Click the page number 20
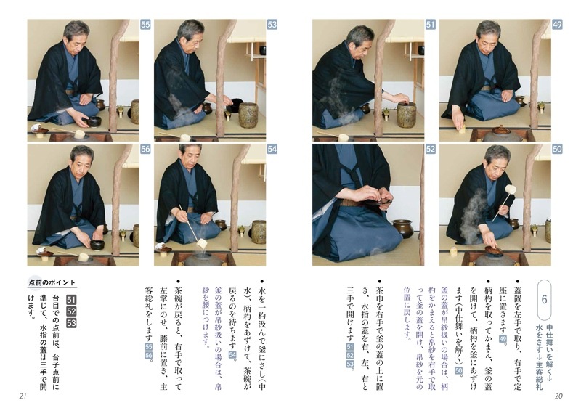(558, 396)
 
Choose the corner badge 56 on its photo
(145, 150)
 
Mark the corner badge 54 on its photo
(272, 150)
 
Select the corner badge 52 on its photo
(430, 150)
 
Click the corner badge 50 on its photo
(557, 150)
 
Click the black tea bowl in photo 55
(94, 121)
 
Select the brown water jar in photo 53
(248, 114)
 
